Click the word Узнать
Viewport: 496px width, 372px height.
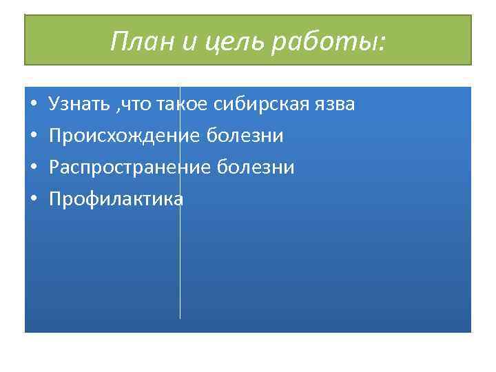coord(79,105)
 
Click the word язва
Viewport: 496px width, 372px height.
coord(337,105)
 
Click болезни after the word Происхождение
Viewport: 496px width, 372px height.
coord(245,136)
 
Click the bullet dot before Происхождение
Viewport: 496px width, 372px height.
coord(33,137)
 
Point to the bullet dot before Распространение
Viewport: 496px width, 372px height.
coord(33,169)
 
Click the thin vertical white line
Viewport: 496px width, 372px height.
coord(180,262)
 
